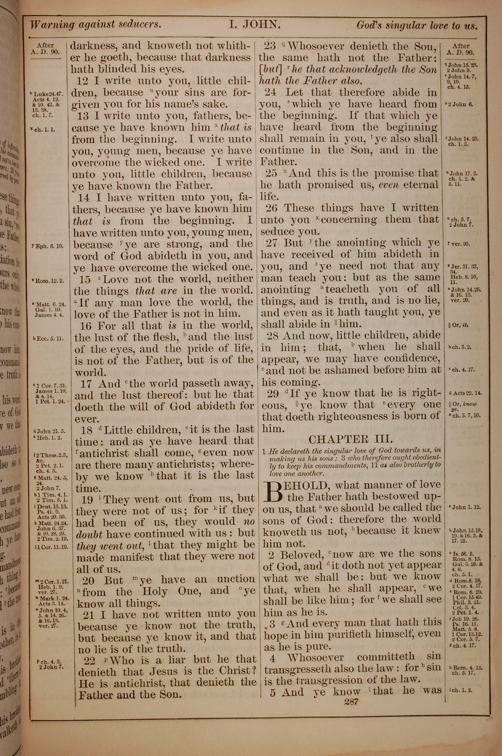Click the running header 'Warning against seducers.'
(96, 25)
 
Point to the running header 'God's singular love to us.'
(417, 25)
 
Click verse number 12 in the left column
(82, 81)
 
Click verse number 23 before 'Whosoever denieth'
(270, 46)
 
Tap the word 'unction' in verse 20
(236, 579)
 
